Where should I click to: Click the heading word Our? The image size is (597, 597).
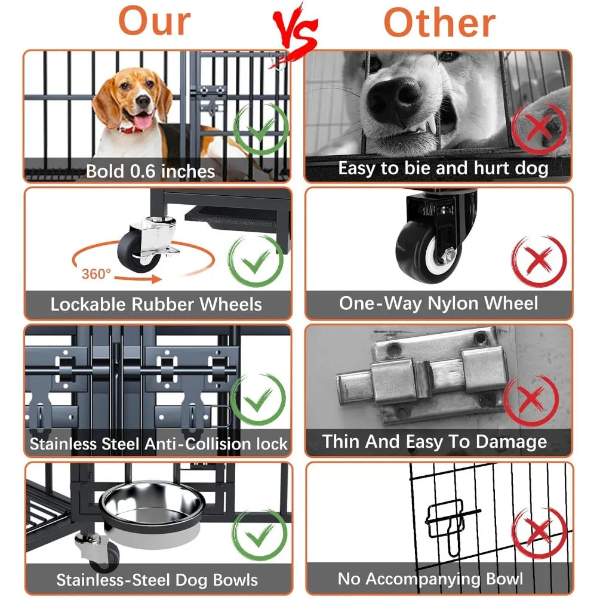155,21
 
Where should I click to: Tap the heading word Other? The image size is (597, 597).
440,23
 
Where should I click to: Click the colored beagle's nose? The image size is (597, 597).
143,101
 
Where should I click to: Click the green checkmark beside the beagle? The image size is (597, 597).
261,129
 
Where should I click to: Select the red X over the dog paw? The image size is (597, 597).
538,128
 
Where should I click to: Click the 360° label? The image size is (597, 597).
96,273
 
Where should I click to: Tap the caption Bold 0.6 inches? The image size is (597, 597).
150,171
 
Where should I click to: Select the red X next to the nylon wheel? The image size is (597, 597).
538,261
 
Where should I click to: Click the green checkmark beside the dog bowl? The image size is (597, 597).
260,534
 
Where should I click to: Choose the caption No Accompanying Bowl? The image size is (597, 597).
430,579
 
